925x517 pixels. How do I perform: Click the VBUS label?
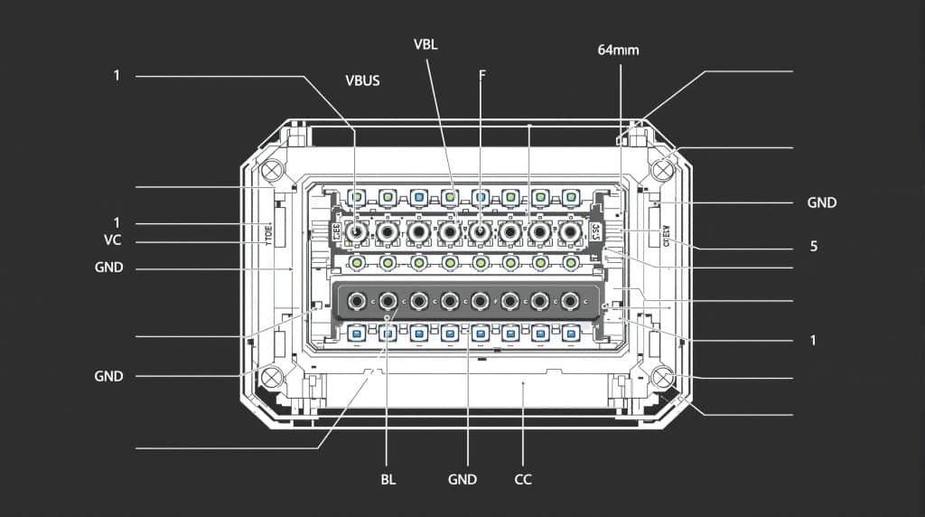tap(362, 80)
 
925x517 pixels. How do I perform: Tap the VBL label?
tap(425, 44)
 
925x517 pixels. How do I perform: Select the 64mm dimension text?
tap(618, 50)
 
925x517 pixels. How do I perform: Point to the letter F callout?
tap(481, 75)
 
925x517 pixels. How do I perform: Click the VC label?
tap(113, 240)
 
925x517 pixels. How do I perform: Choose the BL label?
tap(388, 479)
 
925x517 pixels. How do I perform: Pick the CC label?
tap(523, 479)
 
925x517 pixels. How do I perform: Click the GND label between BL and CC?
tap(462, 479)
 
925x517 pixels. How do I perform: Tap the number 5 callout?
tap(813, 246)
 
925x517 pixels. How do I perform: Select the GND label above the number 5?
tap(821, 202)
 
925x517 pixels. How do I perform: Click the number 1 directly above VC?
tap(117, 222)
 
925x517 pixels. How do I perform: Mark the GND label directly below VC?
tap(108, 268)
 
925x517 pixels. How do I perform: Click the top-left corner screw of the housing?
tap(272, 169)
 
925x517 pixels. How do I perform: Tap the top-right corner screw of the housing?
tap(664, 169)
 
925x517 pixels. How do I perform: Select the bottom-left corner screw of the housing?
tap(272, 376)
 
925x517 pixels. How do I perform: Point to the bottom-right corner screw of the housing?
tap(664, 377)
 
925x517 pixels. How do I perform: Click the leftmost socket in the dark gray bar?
tap(358, 300)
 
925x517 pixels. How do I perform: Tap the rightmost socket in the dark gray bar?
tap(569, 300)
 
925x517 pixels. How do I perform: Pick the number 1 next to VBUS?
tap(117, 75)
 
